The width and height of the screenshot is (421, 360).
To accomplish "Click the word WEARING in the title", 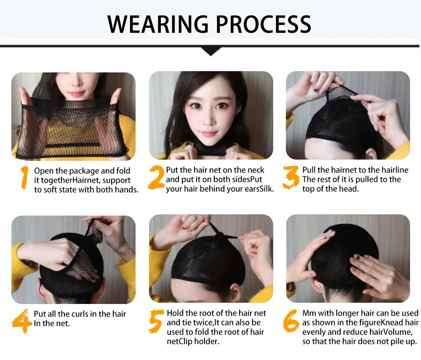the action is [158, 24].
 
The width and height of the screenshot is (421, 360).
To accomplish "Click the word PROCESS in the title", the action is [264, 24].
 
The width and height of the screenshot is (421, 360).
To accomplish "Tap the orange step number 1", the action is [24, 177].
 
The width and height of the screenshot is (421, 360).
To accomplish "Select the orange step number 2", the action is [156, 177].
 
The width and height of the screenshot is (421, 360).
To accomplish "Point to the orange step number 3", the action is [291, 177].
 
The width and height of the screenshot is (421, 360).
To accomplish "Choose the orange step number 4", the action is [22, 321].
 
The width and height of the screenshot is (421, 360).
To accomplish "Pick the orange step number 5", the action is [156, 321].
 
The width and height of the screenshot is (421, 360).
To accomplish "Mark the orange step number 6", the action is [291, 321].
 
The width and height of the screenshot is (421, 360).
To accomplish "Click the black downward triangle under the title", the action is [211, 51].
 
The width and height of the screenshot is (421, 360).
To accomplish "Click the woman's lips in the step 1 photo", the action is [76, 93].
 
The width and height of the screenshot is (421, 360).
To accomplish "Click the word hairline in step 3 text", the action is [395, 170].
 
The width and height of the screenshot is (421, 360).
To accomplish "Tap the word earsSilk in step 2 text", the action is [259, 189].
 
